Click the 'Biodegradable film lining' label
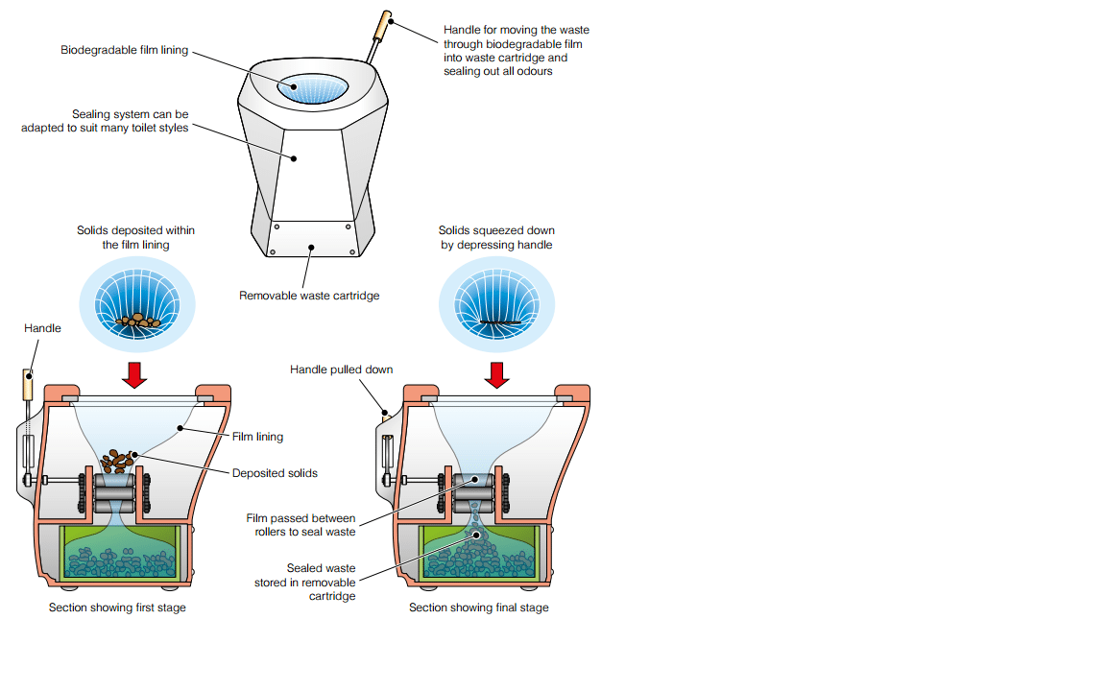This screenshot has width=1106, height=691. pos(124,49)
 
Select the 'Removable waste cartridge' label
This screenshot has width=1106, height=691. pos(309,296)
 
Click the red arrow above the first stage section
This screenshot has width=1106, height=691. pos(135,373)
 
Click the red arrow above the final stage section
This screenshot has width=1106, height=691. pos(496,373)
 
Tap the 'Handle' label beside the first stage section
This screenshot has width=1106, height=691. pos(42,328)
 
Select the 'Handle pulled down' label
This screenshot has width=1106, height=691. pos(341,369)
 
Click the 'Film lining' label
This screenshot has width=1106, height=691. pos(257,437)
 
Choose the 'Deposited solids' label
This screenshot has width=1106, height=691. pos(275,473)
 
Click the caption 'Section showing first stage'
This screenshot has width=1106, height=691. pos(117,608)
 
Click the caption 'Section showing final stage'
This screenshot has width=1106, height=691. pos(479,608)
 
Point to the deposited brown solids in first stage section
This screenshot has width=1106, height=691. pos(119,461)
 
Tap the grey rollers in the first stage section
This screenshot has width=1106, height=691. pos(113,493)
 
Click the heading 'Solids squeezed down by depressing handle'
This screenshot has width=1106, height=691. pos(496,237)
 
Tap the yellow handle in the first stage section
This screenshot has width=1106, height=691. pos(30,386)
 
